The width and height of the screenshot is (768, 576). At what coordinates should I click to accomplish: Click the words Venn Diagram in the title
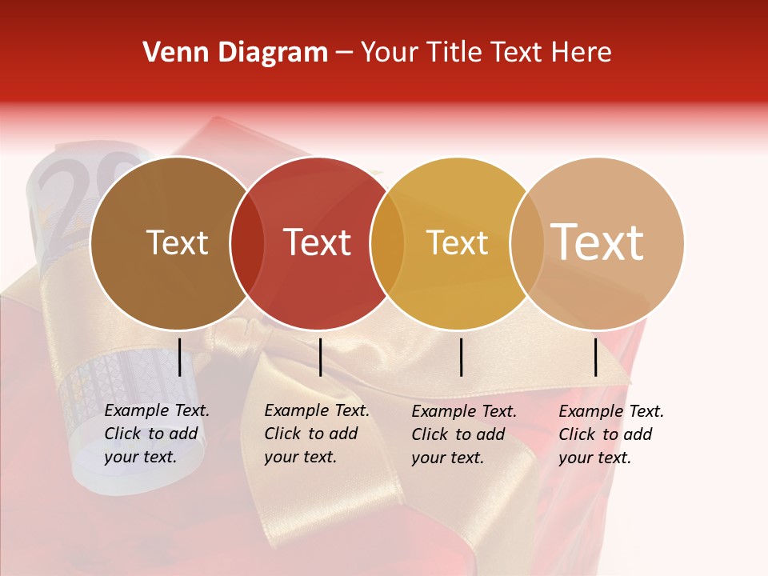235,53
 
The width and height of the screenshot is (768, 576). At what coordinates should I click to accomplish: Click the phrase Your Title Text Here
486,53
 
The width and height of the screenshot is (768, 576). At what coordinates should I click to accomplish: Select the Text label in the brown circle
177,242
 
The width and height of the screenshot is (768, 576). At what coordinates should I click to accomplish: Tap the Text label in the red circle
317,242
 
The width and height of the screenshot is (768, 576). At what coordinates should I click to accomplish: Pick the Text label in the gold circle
457,242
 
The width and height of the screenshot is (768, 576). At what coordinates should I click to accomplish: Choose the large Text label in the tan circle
598,242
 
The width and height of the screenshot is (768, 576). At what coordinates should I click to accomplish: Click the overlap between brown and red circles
247,243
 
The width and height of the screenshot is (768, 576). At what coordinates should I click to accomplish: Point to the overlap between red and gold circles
387,243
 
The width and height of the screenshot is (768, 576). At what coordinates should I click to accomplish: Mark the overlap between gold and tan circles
526,243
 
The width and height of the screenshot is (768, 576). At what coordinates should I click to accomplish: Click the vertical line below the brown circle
179,357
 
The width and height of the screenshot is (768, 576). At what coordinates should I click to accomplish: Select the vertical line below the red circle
320,357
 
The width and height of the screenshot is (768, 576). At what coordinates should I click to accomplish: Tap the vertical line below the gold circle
462,357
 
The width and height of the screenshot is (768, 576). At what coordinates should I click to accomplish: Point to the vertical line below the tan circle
596,357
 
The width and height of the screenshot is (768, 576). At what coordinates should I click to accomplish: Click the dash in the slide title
344,53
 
